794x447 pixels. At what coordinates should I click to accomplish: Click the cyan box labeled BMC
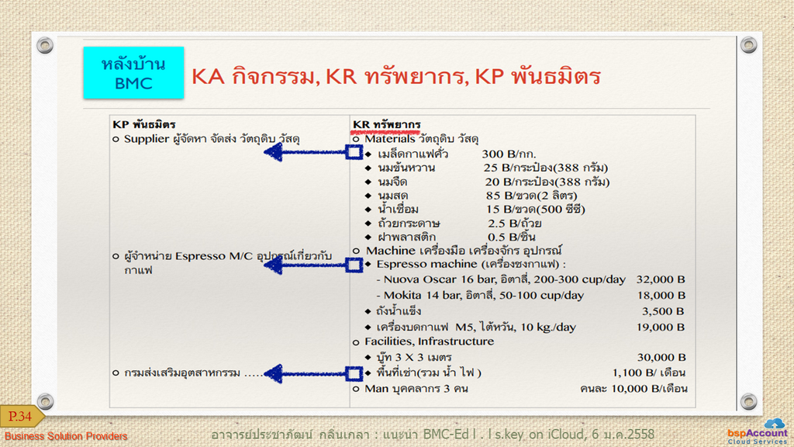[x=133, y=72]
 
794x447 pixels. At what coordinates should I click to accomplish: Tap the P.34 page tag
[x=21, y=417]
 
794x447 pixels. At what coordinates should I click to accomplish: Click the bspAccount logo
[x=758, y=431]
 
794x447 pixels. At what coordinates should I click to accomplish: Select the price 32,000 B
[x=661, y=279]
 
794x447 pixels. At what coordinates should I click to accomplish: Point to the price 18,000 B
[x=661, y=295]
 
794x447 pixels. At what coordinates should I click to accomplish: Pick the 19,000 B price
[x=661, y=327]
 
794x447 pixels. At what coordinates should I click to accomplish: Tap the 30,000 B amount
[x=661, y=357]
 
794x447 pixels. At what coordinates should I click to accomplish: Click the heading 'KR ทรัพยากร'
[x=386, y=125]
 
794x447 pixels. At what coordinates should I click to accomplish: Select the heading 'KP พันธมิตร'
[x=143, y=125]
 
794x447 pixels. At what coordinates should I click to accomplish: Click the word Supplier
[x=147, y=139]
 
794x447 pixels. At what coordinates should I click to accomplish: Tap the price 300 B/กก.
[x=509, y=154]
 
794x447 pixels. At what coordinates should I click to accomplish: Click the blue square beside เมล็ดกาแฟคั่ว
[x=354, y=152]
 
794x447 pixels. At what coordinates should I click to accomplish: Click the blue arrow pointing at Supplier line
[x=305, y=152]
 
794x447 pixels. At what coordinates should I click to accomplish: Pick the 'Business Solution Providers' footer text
[x=66, y=436]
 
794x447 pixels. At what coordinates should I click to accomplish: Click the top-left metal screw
[x=45, y=45]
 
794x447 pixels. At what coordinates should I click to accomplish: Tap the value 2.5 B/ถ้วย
[x=515, y=223]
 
